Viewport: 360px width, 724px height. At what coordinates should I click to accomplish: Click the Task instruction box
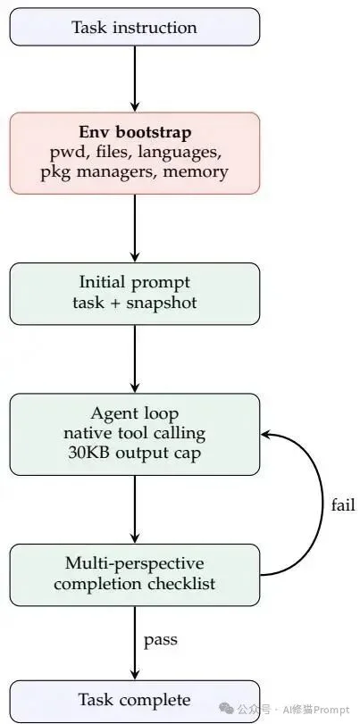click(x=134, y=27)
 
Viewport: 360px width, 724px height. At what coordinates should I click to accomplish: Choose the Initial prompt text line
click(x=135, y=283)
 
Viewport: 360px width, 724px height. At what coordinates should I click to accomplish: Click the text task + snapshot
click(x=135, y=304)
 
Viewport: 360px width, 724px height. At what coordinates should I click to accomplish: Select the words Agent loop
click(x=135, y=413)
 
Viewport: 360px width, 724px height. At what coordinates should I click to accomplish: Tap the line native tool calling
click(x=135, y=435)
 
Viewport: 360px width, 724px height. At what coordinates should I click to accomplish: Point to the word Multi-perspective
click(x=135, y=563)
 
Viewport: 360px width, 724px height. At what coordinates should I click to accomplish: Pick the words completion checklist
click(x=135, y=585)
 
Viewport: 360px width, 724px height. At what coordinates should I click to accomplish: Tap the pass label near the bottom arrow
click(x=161, y=640)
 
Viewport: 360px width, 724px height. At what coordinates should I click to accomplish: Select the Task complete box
click(x=134, y=700)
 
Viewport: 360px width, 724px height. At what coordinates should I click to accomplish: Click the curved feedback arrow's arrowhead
click(x=266, y=435)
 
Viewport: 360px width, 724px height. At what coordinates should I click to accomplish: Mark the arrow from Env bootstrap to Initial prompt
click(x=135, y=228)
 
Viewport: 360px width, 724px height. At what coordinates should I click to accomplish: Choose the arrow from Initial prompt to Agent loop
click(x=135, y=359)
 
